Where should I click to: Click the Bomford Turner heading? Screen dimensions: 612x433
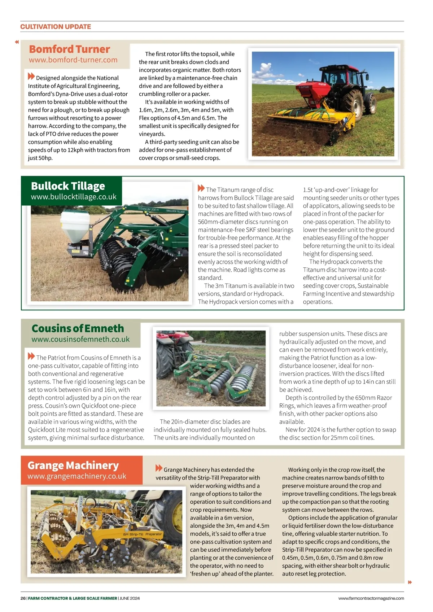[69, 49]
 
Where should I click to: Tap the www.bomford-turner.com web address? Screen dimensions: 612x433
[73, 60]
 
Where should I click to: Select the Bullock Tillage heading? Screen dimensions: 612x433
[68, 186]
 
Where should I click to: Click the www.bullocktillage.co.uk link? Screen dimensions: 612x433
[74, 197]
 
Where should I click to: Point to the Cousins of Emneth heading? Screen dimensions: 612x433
[78, 328]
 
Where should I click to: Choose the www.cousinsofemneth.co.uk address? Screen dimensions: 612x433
[80, 339]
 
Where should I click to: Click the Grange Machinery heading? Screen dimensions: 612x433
[73, 465]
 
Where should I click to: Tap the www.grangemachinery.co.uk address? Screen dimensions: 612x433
[77, 476]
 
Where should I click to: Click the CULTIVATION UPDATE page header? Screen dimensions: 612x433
[56, 27]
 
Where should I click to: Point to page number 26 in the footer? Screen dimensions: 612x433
[23, 598]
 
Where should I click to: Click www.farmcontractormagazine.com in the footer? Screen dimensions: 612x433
[371, 598]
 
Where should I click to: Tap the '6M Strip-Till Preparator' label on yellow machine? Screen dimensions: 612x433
[143, 534]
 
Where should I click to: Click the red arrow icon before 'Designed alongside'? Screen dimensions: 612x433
[31, 76]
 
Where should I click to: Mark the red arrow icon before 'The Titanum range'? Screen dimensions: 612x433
[201, 188]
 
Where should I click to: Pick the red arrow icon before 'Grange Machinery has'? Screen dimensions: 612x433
[159, 468]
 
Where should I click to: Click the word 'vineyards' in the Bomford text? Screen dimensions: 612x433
[152, 134]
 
